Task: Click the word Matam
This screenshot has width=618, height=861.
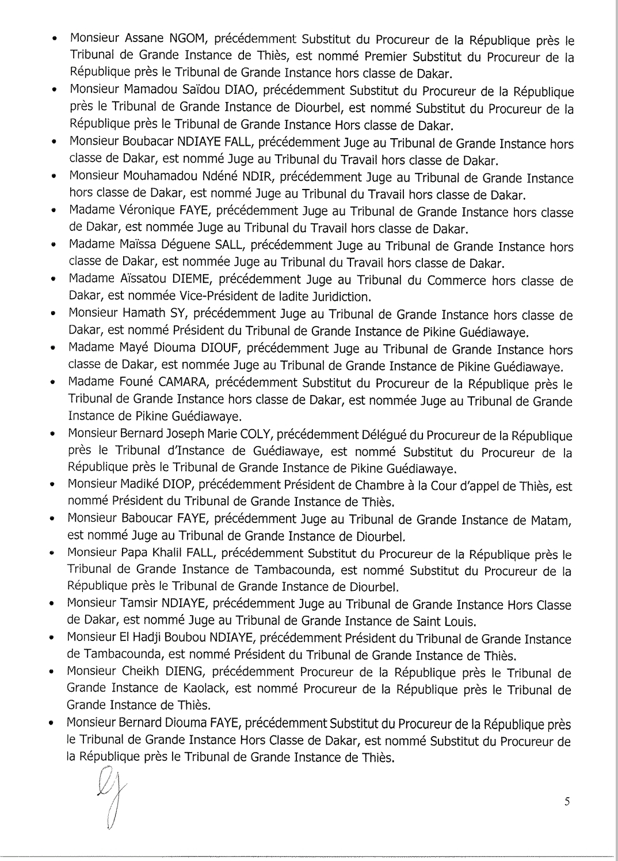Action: click(550, 520)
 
